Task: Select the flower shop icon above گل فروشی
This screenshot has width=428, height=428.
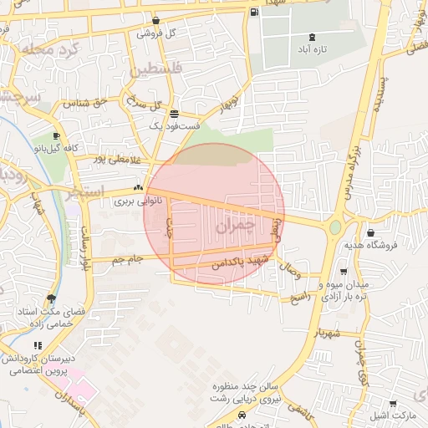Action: click(155, 20)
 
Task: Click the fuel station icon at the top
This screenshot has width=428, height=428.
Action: click(254, 13)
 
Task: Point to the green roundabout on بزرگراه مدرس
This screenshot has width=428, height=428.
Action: click(335, 227)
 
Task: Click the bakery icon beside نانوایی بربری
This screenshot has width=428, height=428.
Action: click(138, 189)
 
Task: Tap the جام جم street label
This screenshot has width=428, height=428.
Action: click(128, 259)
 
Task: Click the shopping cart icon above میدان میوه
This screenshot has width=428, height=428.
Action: click(344, 271)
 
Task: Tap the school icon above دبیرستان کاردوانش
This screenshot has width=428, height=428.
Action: click(37, 344)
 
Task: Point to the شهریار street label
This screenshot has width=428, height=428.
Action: click(328, 332)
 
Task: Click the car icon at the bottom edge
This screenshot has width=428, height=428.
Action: click(242, 415)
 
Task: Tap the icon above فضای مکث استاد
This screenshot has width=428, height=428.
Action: click(52, 298)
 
